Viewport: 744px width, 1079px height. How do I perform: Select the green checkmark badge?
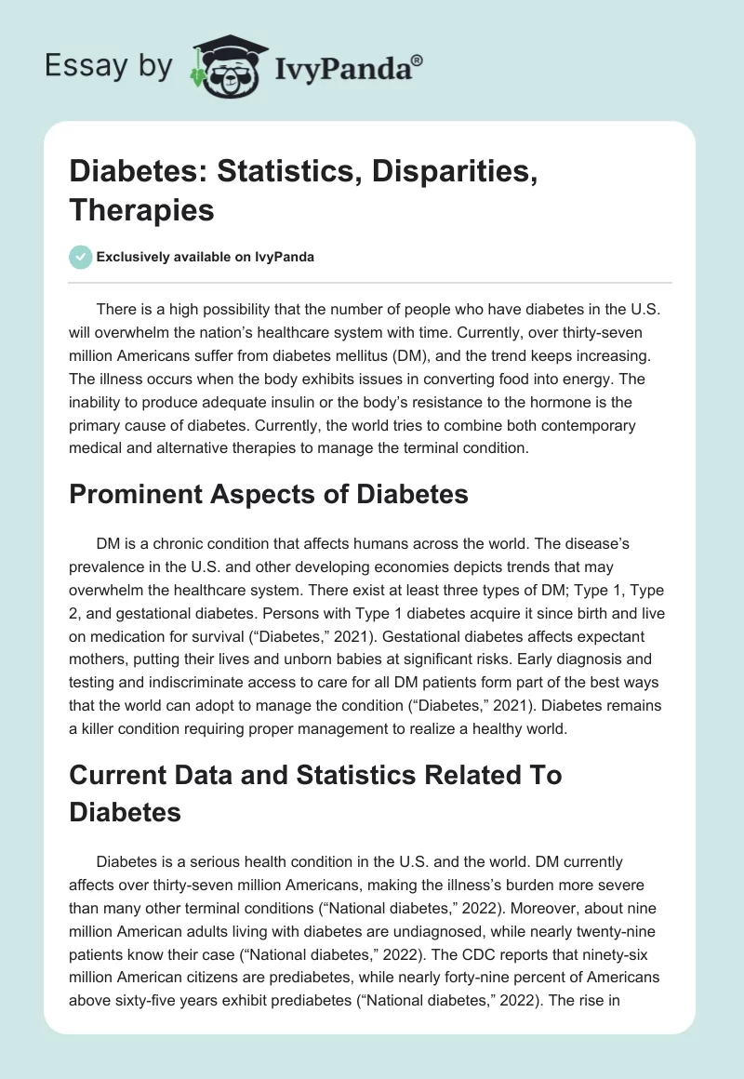80,257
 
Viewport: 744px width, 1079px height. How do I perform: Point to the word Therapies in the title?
142,209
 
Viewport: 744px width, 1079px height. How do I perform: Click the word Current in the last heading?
120,774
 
